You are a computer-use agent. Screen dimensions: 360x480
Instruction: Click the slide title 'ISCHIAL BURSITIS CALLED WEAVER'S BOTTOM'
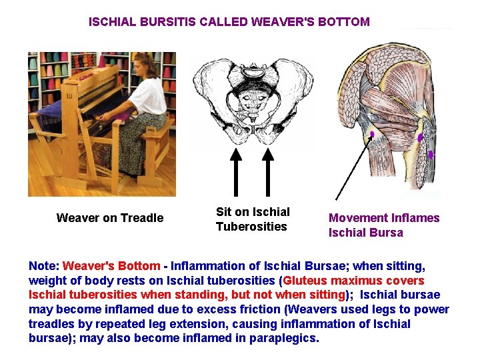(229, 21)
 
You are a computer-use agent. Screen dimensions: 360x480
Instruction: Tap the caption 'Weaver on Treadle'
(110, 218)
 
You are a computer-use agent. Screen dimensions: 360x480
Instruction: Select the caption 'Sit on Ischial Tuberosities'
(253, 219)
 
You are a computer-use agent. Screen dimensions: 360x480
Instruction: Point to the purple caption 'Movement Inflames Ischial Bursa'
(384, 225)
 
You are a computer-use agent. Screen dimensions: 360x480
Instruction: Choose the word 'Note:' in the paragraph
(44, 266)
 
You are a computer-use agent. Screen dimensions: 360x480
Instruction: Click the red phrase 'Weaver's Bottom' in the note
(111, 266)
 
